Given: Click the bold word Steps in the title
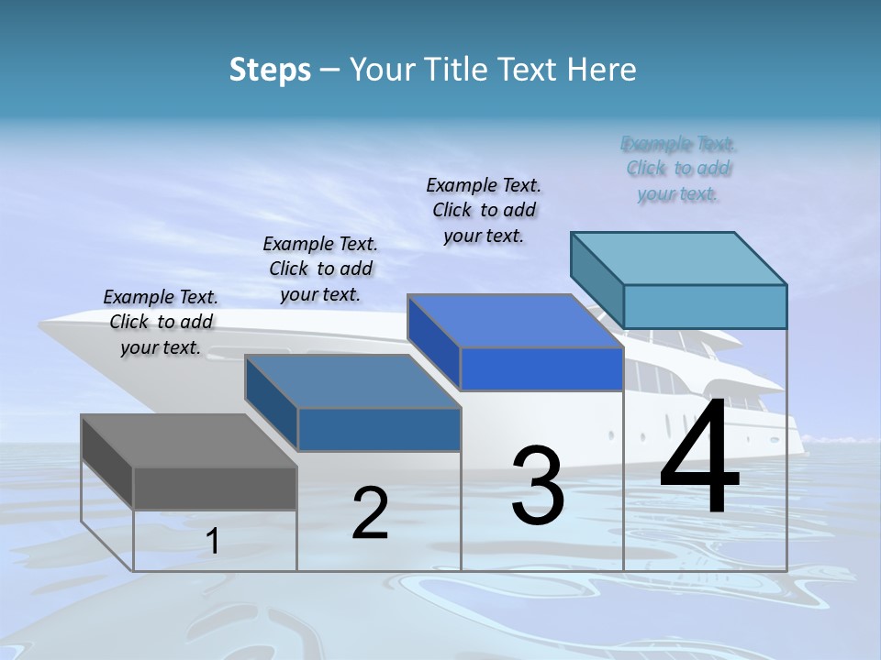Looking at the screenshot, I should coord(270,70).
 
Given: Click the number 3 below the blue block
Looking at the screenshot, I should coord(538,486).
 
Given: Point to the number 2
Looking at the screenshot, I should coord(371,513).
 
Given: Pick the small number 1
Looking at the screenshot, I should coord(213,541).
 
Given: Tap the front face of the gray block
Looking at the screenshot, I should coord(215,488).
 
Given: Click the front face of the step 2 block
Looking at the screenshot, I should coord(379,429).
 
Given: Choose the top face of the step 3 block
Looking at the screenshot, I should coord(515,321).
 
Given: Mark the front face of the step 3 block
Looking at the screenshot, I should coord(541,368).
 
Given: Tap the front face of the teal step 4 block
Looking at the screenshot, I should coord(705,306).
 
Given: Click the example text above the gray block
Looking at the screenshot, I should coord(161,322).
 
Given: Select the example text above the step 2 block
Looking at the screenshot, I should coord(320,269).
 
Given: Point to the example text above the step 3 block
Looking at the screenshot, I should coord(484,210).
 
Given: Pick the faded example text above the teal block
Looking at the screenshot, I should coord(678,169).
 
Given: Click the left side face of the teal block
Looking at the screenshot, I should coord(597,279).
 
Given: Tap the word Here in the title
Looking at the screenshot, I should coord(603,70).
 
